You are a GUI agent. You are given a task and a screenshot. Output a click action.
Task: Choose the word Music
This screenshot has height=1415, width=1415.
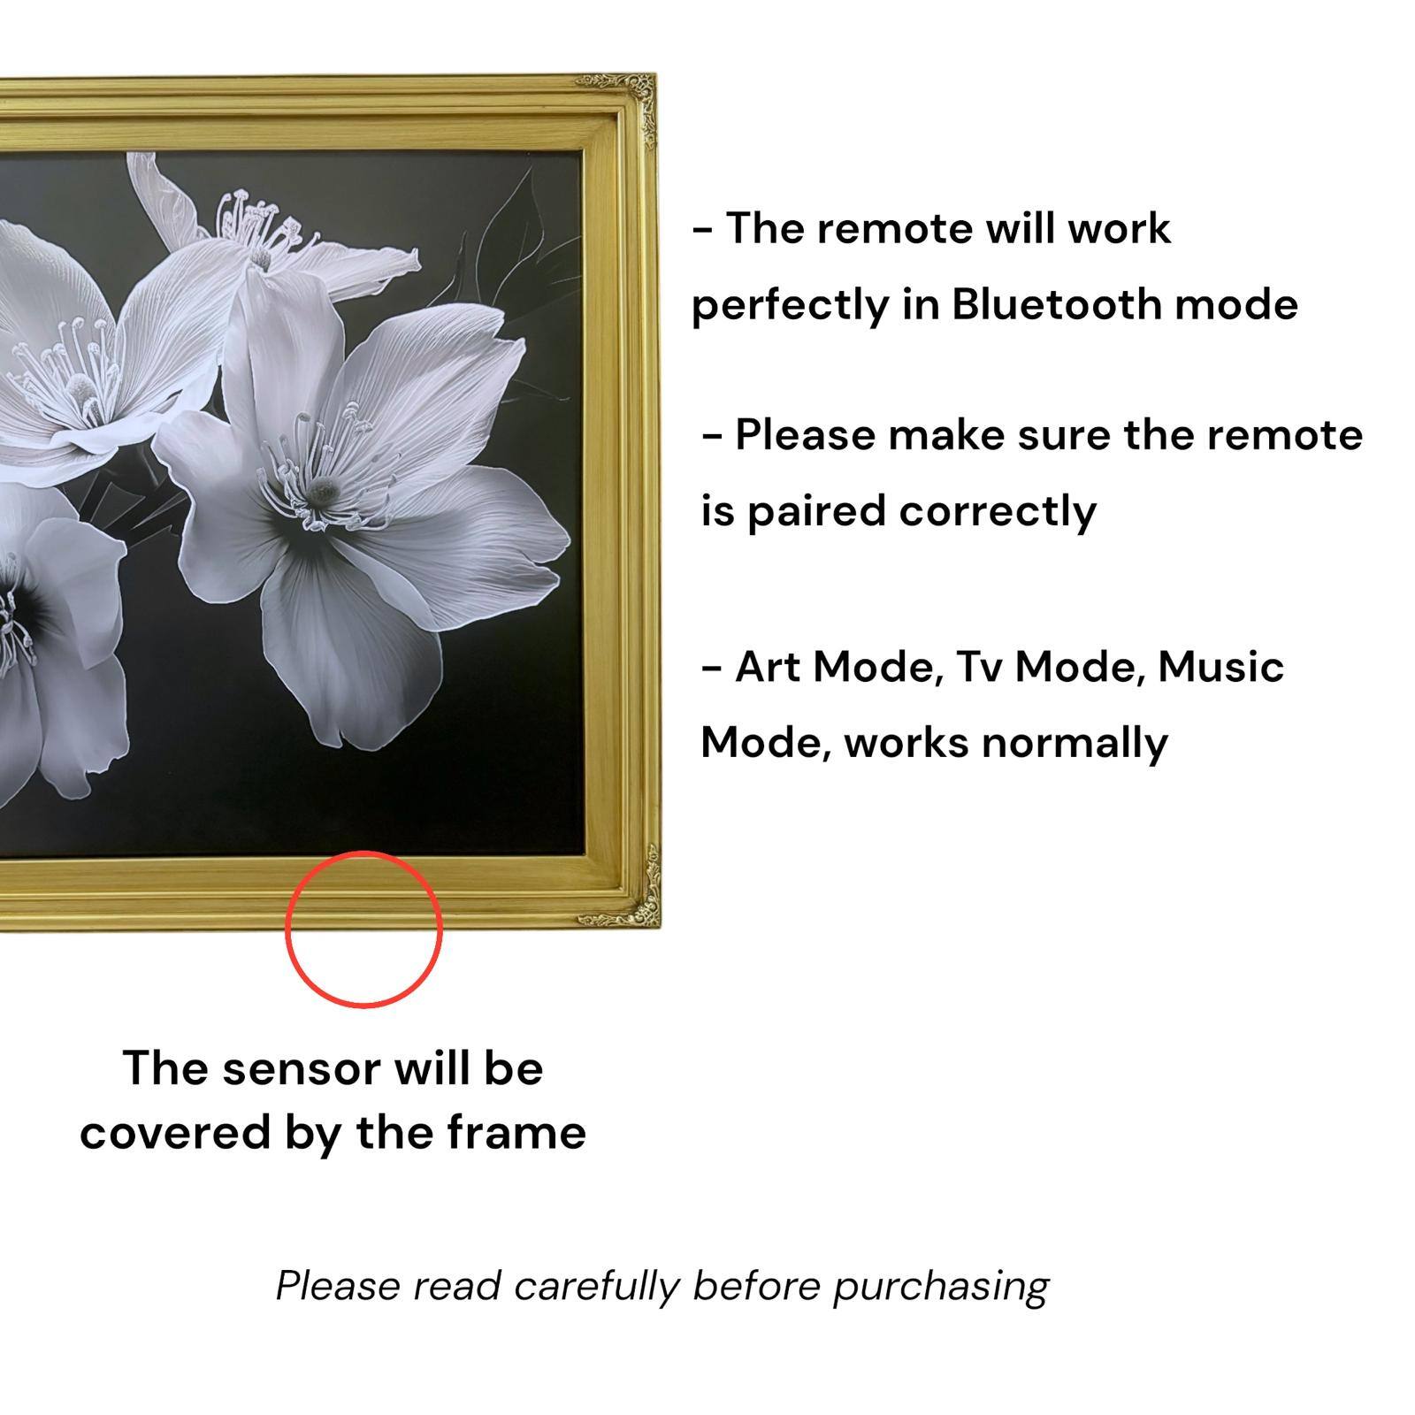[x=1220, y=667]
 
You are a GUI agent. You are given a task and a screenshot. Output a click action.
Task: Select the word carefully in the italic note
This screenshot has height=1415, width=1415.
[x=597, y=1287]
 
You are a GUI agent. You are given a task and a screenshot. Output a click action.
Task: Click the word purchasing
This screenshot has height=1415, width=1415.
[x=940, y=1287]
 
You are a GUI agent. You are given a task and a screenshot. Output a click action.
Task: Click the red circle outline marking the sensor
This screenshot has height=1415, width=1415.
[x=363, y=1006]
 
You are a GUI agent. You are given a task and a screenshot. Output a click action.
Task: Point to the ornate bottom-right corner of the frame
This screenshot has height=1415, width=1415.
[x=639, y=902]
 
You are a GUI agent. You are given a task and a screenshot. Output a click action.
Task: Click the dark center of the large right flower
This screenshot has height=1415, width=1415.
[x=324, y=487]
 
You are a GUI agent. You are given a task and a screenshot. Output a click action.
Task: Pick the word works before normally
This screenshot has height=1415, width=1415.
[x=906, y=743]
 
